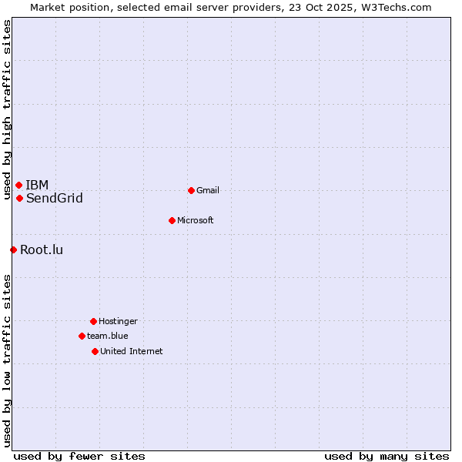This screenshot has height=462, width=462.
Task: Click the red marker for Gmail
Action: click(x=191, y=190)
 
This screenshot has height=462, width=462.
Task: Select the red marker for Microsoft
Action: click(x=172, y=220)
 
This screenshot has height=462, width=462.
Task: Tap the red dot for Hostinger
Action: click(x=93, y=321)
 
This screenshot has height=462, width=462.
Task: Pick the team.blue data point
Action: click(x=82, y=336)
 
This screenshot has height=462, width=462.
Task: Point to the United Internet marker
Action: click(x=95, y=351)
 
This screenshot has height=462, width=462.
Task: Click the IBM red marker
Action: click(x=18, y=185)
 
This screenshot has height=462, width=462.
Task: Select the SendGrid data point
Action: click(x=19, y=198)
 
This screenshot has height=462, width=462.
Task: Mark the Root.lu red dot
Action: click(x=13, y=249)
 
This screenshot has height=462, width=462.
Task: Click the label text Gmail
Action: click(x=208, y=190)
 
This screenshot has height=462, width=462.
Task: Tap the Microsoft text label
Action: click(x=196, y=220)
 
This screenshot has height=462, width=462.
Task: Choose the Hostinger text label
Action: click(x=118, y=321)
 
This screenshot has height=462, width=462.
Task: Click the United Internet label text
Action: click(x=132, y=351)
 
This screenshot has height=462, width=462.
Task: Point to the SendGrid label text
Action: click(x=55, y=199)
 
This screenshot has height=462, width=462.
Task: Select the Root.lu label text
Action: click(x=42, y=249)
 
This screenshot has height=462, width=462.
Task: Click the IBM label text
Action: click(x=37, y=185)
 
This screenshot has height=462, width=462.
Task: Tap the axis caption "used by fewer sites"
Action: click(x=79, y=456)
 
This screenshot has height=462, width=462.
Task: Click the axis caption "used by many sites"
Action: click(x=387, y=456)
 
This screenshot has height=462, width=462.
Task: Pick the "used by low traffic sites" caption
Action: click(x=7, y=360)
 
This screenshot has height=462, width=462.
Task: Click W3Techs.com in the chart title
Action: click(x=397, y=7)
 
